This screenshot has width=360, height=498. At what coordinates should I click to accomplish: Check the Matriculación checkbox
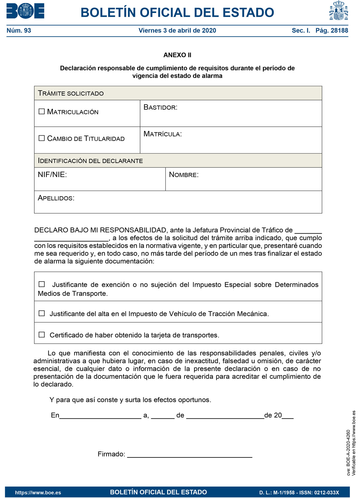(42, 112)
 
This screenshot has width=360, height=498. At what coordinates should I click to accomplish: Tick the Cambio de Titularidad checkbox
(42, 138)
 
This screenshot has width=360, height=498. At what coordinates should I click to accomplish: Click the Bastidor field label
(160, 107)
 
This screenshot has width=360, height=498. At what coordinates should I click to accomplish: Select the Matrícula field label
(162, 134)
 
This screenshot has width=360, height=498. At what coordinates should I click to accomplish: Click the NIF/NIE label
(52, 175)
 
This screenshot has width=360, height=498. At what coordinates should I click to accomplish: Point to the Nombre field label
(184, 175)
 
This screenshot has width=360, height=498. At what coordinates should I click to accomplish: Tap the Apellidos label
(56, 198)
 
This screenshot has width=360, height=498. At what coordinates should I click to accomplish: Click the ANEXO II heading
(177, 55)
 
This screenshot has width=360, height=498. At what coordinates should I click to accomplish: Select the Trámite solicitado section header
(71, 93)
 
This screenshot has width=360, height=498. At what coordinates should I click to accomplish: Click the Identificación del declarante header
(90, 161)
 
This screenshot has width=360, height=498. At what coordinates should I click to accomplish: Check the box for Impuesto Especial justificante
(42, 284)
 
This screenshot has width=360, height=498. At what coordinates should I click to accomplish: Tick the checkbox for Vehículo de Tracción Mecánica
(42, 313)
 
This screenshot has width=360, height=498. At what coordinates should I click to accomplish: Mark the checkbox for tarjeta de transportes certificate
(42, 335)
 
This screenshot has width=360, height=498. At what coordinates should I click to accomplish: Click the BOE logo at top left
(25, 11)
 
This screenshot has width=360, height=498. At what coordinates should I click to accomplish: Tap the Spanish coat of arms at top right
(338, 11)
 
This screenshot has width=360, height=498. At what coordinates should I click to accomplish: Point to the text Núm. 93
(19, 31)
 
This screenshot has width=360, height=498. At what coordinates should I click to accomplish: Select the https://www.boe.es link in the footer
(38, 493)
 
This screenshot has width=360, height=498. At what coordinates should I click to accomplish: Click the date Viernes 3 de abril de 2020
(177, 31)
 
